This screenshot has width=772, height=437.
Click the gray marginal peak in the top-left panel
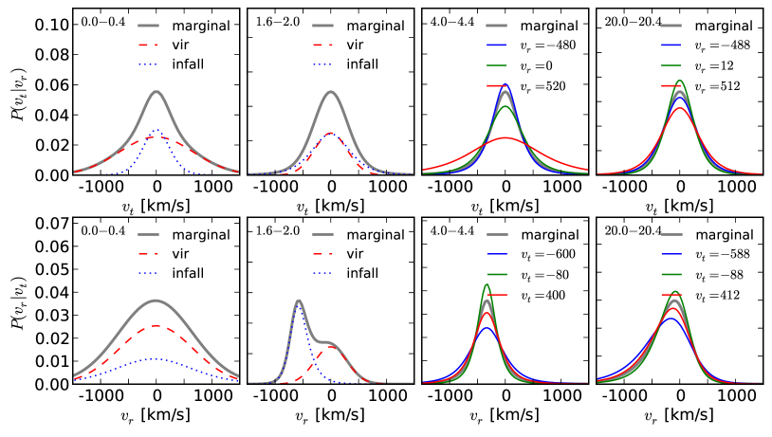[156, 92]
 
